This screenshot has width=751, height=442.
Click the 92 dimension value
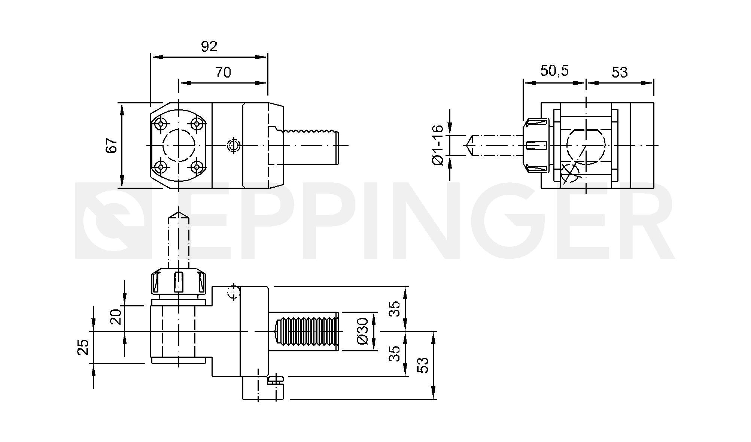click(x=209, y=46)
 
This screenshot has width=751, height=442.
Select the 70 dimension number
click(x=223, y=72)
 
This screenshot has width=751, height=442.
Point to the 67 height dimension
click(x=112, y=145)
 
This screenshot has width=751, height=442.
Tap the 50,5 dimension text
click(x=554, y=70)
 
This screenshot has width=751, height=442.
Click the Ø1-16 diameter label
click(x=437, y=145)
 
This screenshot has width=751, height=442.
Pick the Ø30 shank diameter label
click(x=363, y=331)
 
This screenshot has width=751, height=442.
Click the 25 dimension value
click(x=83, y=347)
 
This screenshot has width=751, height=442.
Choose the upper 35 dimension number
click(x=394, y=309)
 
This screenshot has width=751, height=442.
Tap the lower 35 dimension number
click(x=394, y=353)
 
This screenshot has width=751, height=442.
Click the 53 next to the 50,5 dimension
click(x=619, y=72)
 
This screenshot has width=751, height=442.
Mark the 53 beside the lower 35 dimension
click(x=422, y=365)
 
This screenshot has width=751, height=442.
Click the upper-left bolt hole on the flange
click(x=161, y=124)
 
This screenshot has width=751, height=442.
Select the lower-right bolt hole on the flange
click(x=197, y=166)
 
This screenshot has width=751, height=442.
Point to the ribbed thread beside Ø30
click(x=307, y=331)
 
